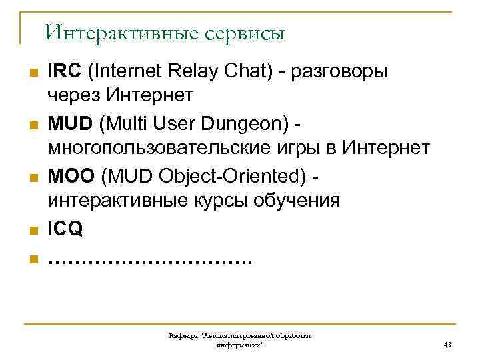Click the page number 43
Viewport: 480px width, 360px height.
tap(447, 345)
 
